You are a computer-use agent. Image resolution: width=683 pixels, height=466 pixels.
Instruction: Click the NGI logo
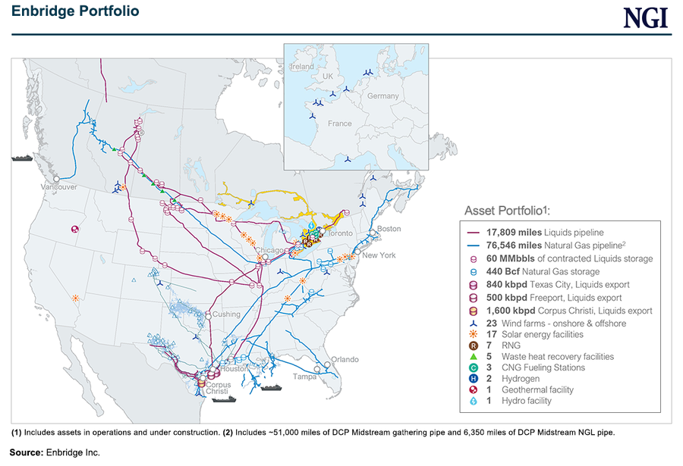646,17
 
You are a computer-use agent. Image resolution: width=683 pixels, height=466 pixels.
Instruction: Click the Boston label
389,229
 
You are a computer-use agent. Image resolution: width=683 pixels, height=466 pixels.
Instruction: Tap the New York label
379,255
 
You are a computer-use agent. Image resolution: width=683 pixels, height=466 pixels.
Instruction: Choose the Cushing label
226,314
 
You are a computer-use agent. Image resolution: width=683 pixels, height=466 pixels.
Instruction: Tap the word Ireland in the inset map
302,67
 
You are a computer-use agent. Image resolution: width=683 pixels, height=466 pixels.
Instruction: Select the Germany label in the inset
382,96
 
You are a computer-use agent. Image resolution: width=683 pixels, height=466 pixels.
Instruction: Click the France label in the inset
340,123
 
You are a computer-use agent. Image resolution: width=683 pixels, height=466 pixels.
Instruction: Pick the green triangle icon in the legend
473,356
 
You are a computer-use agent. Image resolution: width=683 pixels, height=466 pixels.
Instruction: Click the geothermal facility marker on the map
74,229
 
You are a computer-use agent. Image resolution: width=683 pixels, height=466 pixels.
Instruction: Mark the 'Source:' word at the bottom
27,452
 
